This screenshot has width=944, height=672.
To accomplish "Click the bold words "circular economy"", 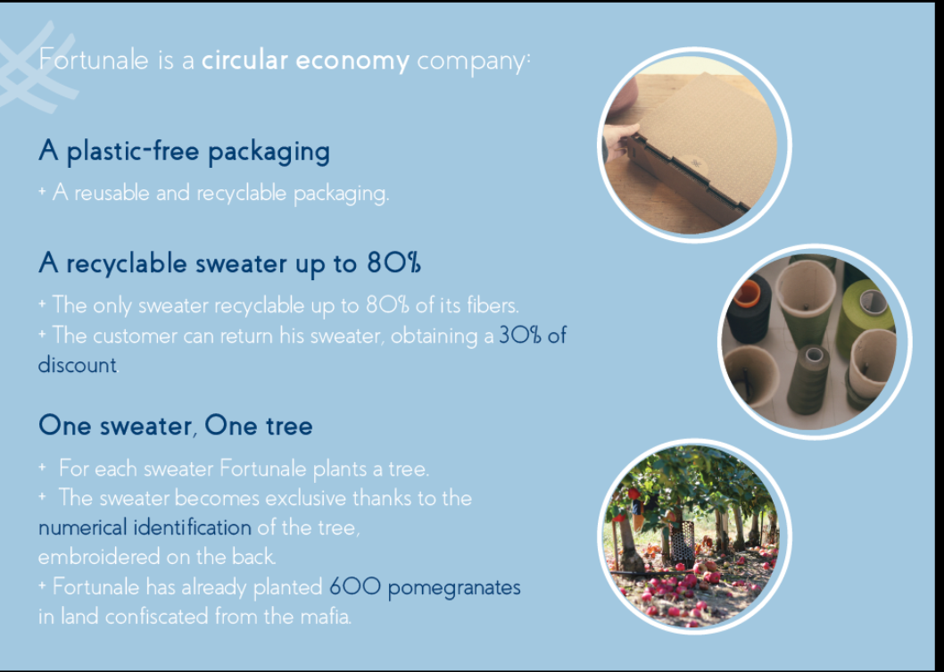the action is [x=305, y=61].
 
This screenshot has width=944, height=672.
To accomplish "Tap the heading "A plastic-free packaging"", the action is [x=184, y=151].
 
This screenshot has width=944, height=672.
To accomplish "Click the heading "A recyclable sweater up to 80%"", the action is [x=229, y=264].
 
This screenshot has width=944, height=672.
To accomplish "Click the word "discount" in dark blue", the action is [x=77, y=365].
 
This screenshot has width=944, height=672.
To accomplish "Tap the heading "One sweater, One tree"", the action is [x=175, y=426].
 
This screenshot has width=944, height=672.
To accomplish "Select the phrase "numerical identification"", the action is [x=145, y=528].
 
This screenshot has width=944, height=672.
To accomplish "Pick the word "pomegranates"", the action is [x=454, y=588].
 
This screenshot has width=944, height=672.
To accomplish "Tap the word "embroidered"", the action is [x=98, y=557].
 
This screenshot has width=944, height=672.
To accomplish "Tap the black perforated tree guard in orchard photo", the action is [x=683, y=544].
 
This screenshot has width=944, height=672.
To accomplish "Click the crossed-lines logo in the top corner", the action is [x=36, y=66].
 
